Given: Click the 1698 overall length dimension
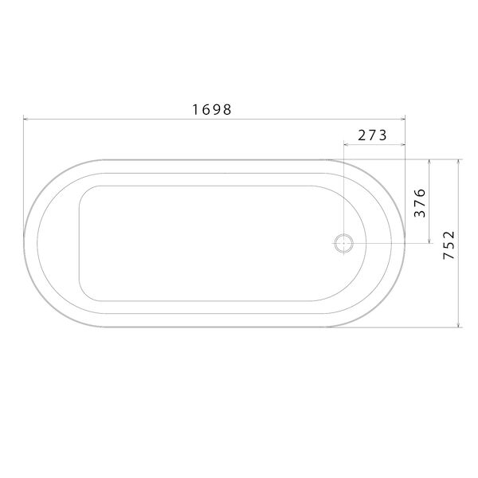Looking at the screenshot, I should pos(212,109).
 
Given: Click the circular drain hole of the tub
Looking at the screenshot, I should pos(343,242).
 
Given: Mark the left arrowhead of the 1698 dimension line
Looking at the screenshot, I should pos(25,119).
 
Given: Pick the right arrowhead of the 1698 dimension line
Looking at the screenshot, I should pos(403,119).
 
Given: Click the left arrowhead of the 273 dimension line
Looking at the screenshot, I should pos(345,145).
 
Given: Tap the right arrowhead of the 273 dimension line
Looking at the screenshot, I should pos(403,145).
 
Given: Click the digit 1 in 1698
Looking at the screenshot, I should pos(195,109).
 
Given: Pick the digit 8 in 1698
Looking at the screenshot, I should pos(228,109).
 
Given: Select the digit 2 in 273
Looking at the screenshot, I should pos(362,135).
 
